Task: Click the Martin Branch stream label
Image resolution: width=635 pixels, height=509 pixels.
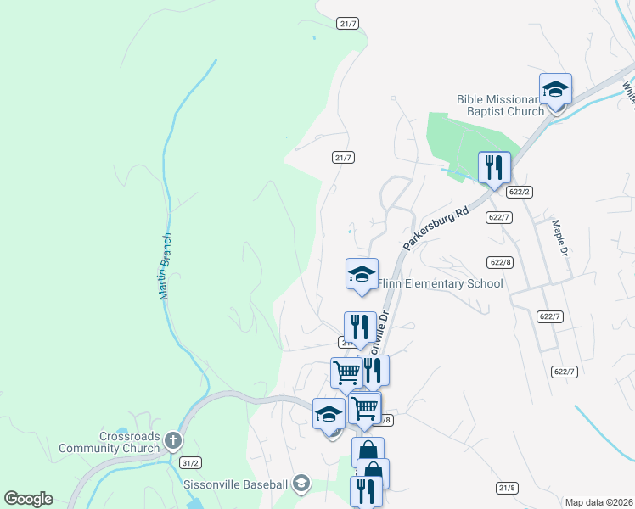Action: (166, 266)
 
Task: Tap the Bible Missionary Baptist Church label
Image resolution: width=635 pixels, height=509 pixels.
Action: (500, 105)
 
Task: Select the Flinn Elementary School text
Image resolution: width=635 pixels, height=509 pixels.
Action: (440, 283)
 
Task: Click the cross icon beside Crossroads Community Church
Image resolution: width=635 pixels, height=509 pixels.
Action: (173, 439)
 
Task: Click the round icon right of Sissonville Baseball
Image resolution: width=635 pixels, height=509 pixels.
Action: (300, 484)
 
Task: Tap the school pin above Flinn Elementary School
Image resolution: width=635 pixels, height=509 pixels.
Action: (362, 273)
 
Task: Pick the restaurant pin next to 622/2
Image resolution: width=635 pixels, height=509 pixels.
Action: (494, 166)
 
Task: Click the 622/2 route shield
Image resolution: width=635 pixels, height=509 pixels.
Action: (520, 192)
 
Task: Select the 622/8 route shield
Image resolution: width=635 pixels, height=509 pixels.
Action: (500, 261)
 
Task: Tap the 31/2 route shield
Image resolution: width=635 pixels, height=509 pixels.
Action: (190, 462)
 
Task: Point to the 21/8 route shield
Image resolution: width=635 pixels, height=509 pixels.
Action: (507, 488)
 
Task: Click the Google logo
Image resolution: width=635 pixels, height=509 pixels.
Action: (28, 499)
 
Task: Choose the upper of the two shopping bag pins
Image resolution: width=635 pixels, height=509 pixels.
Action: (368, 452)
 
